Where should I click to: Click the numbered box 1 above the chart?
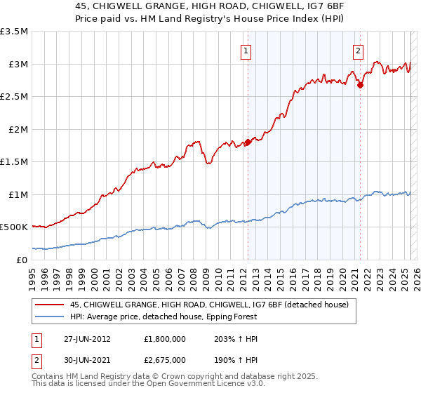[247, 50]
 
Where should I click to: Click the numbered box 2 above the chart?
[358, 50]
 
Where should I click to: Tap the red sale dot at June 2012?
[247, 142]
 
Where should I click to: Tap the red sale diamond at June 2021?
[360, 86]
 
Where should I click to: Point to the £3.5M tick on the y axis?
[14, 32]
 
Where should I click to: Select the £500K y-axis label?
[14, 227]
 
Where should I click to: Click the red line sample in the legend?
[50, 304]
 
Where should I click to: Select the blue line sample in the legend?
[50, 317]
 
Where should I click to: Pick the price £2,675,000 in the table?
[166, 359]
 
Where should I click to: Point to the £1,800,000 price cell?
[166, 338]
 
